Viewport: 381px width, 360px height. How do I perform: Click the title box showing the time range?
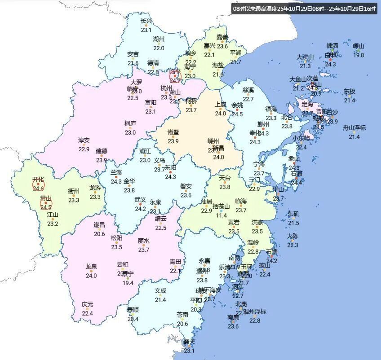click(304, 9)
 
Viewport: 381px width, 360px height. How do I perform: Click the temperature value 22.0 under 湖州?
click(159, 48)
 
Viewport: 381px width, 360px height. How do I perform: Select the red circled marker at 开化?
click(39, 184)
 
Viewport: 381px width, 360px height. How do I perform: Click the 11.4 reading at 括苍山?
click(221, 215)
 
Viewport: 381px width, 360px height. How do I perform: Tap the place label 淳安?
click(84, 140)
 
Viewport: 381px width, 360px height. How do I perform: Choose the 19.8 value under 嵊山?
click(359, 55)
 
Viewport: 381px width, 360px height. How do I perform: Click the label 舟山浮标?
click(354, 127)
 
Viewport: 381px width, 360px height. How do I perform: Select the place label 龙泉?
click(91, 266)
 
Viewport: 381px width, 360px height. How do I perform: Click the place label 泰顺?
click(133, 310)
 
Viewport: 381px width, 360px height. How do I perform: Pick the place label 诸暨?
click(173, 132)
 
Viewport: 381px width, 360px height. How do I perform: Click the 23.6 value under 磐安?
click(186, 195)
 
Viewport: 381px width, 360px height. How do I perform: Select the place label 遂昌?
click(99, 224)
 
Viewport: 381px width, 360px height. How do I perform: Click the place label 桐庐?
click(130, 123)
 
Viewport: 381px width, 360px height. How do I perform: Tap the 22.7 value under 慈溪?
click(248, 99)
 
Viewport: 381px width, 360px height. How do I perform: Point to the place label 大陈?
click(292, 236)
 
